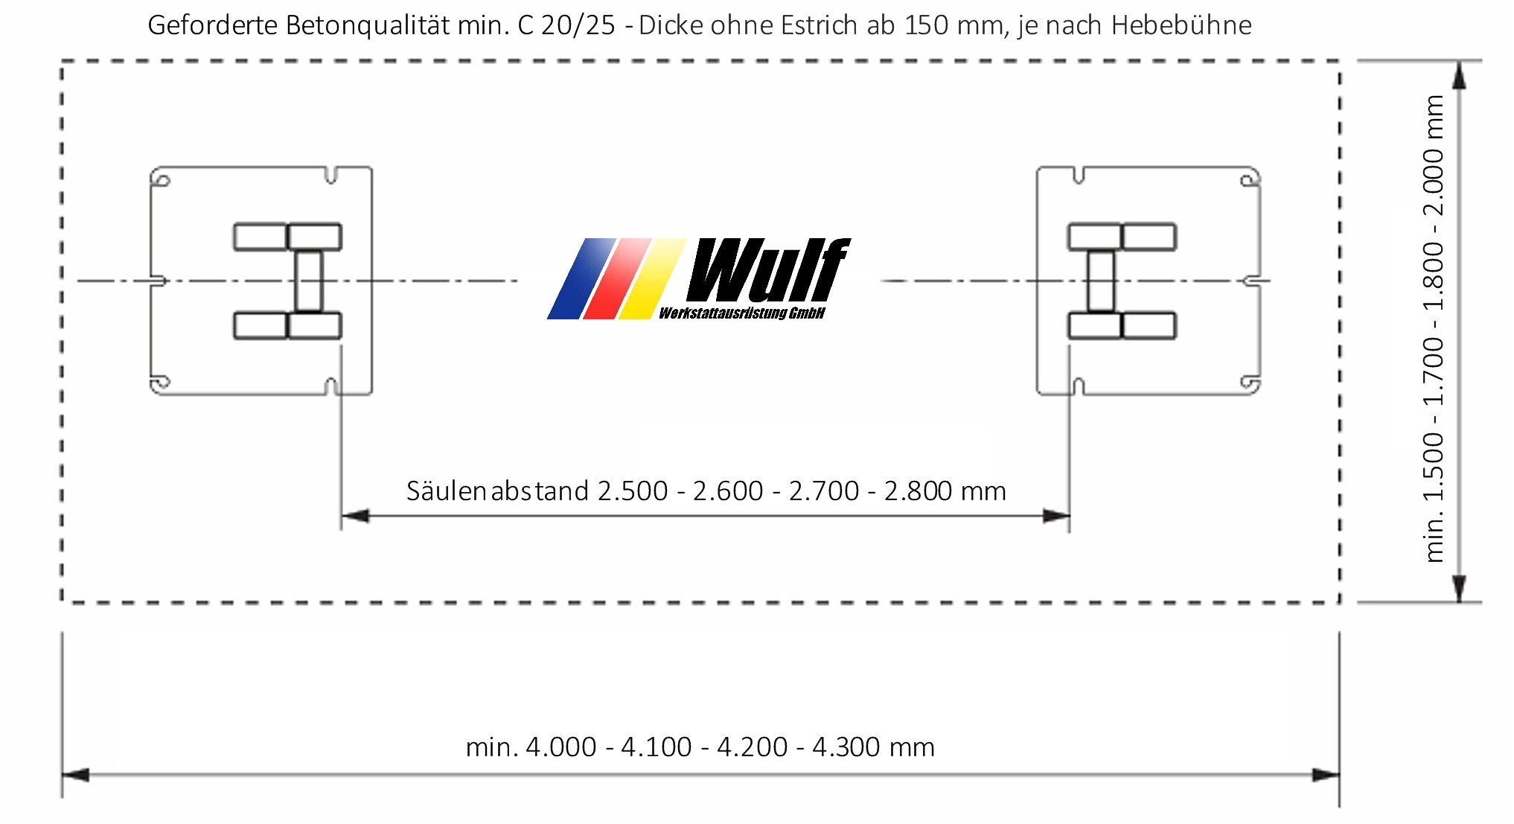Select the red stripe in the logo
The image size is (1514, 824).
616,280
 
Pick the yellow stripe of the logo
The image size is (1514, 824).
652,280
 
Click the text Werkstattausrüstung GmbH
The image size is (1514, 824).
741,313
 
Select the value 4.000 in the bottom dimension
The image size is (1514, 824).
560,747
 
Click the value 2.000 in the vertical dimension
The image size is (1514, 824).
1433,182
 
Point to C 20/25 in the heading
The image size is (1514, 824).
566,26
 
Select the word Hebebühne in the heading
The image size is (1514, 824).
1181,26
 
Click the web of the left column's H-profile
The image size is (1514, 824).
308,281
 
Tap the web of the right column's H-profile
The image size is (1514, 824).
1101,281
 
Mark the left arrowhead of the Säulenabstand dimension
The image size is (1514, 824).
354,516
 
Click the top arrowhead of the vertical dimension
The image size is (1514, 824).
1459,74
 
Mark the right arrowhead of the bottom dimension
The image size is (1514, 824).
1326,776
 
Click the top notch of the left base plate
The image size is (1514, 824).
332,176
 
